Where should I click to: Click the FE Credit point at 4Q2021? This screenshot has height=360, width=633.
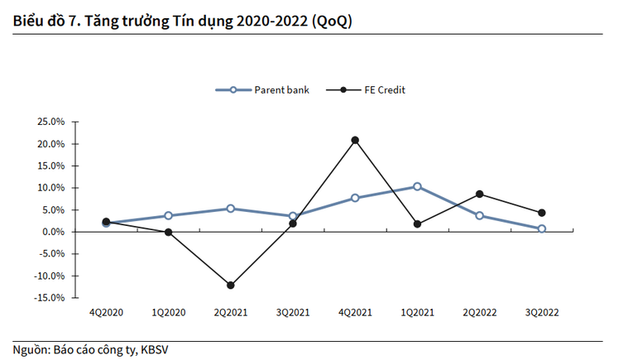click(x=355, y=140)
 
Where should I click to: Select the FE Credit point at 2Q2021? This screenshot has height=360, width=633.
click(x=230, y=286)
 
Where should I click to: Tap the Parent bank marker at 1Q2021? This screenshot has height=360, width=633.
click(x=417, y=186)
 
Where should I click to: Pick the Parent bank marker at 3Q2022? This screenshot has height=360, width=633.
click(x=542, y=228)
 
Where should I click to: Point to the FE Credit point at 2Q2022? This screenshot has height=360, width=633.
click(x=479, y=194)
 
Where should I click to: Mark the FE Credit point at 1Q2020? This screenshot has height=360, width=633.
click(x=168, y=233)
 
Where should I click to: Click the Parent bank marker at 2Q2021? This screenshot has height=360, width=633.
click(x=230, y=209)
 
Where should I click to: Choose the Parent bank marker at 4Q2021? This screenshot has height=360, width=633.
click(x=355, y=198)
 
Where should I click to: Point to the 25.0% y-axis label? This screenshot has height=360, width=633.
click(x=50, y=122)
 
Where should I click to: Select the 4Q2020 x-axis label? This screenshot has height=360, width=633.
click(x=106, y=314)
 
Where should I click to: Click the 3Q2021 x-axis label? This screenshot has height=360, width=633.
click(x=293, y=314)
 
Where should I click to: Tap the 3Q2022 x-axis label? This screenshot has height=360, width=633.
click(x=542, y=314)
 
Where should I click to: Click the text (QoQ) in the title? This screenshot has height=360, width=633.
click(x=331, y=22)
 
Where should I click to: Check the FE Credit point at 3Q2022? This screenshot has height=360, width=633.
click(x=542, y=213)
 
